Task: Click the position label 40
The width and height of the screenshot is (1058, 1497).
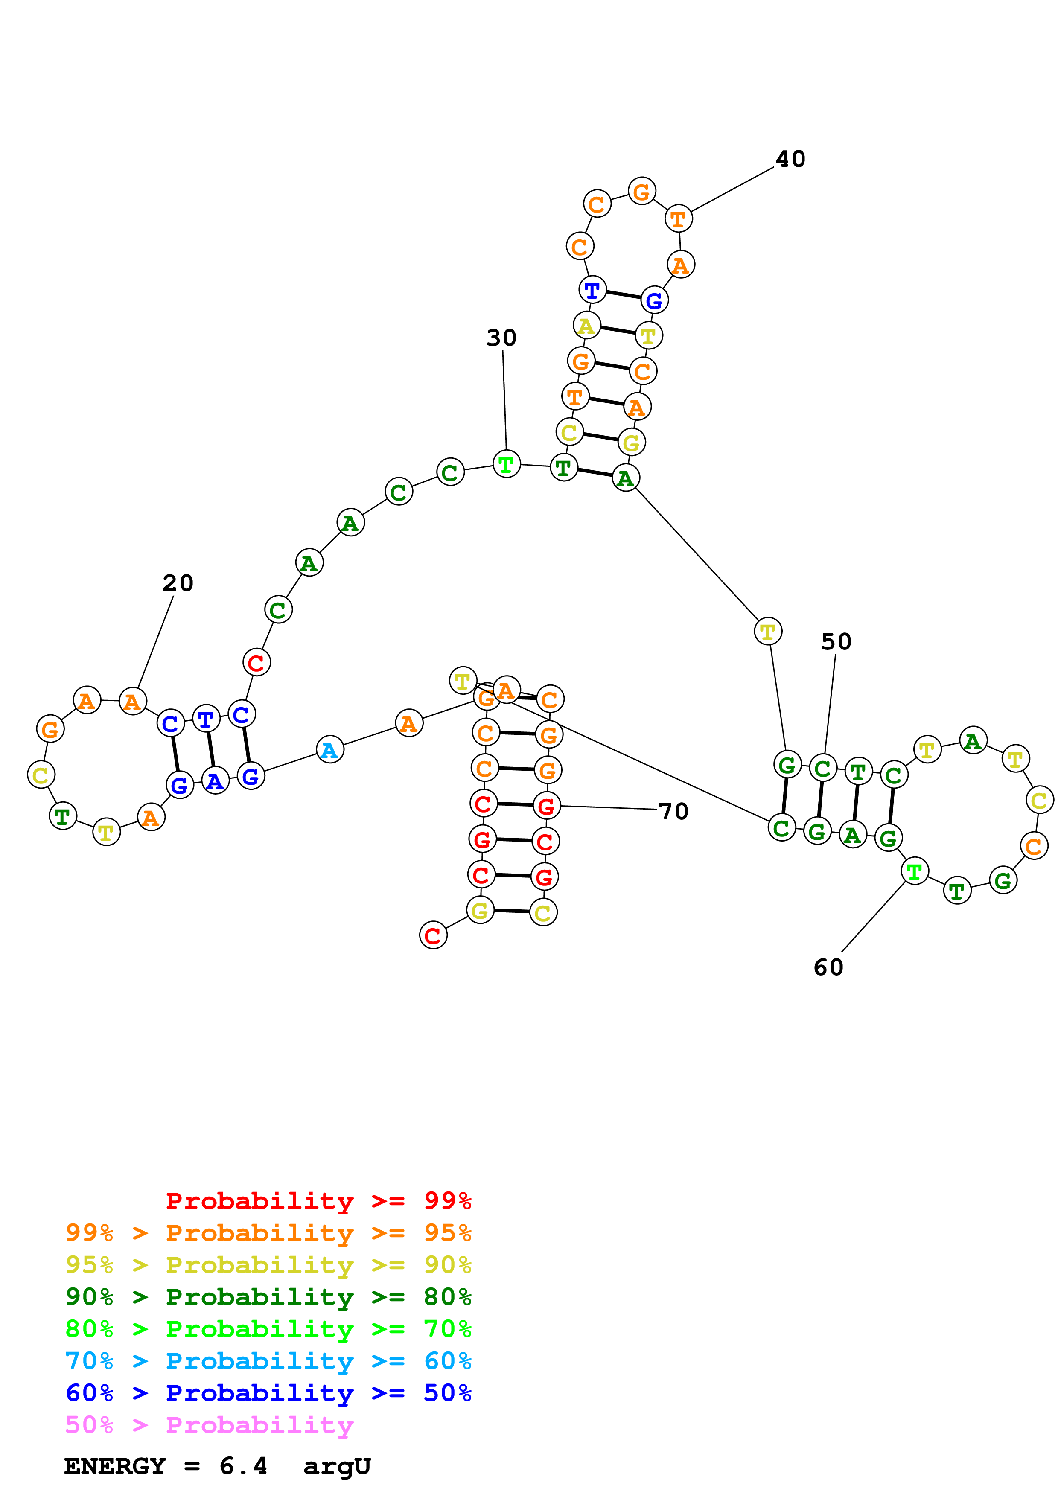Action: tap(790, 159)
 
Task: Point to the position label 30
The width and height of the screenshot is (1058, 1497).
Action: tap(501, 338)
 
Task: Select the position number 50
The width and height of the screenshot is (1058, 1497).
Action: tap(836, 641)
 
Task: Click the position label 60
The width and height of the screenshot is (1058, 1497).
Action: tap(828, 967)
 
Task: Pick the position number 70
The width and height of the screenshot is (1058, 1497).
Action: tap(673, 811)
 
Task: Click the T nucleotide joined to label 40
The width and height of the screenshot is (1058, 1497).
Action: tap(678, 218)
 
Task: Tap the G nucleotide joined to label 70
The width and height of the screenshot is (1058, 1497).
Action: tap(546, 806)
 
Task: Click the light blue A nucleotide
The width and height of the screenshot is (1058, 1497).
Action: tap(330, 750)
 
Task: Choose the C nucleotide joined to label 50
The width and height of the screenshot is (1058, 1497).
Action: tap(823, 768)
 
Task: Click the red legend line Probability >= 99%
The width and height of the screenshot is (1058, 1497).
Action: tap(318, 1200)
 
